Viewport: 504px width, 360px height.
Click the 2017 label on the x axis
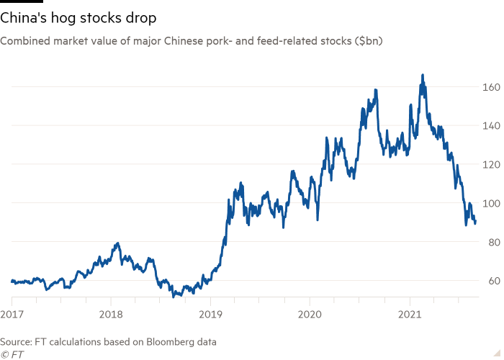pos(12,314)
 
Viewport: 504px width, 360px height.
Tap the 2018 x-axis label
pos(111,314)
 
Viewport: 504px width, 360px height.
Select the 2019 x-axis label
pos(210,314)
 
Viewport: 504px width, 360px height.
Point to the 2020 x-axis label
pos(310,314)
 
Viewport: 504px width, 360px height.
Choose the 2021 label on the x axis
pos(409,314)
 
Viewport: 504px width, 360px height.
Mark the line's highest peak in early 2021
pos(423,74)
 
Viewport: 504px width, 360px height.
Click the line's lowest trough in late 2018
pos(176,295)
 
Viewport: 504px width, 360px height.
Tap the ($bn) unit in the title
pos(369,42)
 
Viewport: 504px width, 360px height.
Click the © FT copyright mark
pos(10,354)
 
